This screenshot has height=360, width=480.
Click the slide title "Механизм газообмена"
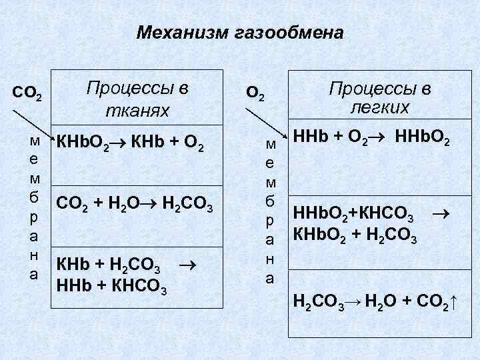[x=240, y=33]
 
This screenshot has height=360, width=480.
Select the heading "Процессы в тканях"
[x=138, y=99]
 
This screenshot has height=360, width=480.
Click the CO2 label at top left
[x=27, y=95]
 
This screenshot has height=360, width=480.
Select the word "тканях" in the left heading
[x=137, y=110]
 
